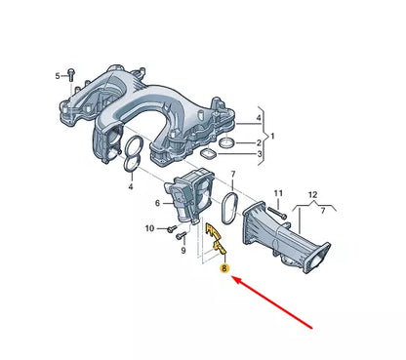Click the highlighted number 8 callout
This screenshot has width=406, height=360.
225,267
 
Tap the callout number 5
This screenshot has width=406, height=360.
58,75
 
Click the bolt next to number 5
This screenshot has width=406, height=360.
69,75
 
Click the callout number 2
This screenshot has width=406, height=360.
258,142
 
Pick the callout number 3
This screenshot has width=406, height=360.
258,154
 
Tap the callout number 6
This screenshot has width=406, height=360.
158,203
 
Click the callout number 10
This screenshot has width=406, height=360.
149,228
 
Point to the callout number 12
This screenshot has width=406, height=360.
312,196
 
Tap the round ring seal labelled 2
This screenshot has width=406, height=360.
225,143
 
